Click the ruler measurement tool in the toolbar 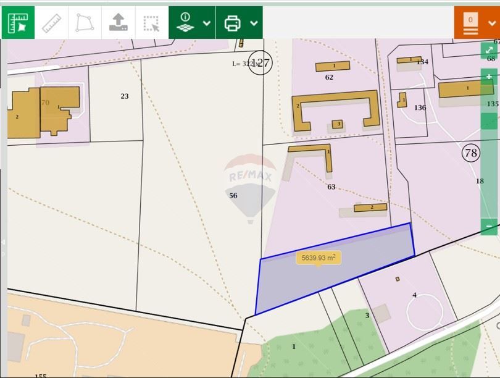pos(52,23)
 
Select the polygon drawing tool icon pos(85,23)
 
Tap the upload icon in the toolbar pos(118,23)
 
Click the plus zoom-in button pos(489,77)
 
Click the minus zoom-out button pos(489,226)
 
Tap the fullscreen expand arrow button pos(489,50)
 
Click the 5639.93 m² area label pos(319,258)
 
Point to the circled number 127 pos(260,63)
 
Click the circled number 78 pos(471,153)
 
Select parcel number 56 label pos(233,196)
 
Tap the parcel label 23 pos(125,96)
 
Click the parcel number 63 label pos(331,187)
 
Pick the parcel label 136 pos(420,107)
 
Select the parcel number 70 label pos(45,103)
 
